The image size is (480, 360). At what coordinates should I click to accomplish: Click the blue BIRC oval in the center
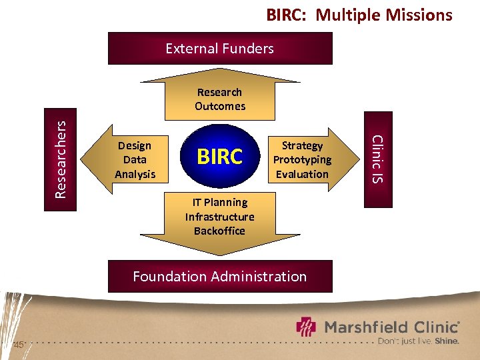(220, 157)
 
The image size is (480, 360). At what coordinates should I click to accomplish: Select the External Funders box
(220, 49)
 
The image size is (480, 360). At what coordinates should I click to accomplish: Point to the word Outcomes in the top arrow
(220, 106)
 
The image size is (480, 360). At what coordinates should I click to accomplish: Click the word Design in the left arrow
(135, 145)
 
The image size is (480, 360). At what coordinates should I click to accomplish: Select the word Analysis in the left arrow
(135, 174)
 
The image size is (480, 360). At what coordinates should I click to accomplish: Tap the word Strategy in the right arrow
(302, 145)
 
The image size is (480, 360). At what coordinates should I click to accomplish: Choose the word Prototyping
(302, 159)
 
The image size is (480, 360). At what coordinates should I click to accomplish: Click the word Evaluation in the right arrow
(302, 174)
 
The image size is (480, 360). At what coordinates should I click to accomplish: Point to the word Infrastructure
(220, 217)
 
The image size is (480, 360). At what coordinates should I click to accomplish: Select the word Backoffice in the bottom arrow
(220, 231)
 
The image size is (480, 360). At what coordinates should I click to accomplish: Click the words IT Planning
(220, 202)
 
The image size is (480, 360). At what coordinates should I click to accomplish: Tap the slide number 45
(19, 345)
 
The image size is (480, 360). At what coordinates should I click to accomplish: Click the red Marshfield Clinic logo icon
(307, 327)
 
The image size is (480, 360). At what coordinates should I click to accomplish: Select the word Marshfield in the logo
(364, 327)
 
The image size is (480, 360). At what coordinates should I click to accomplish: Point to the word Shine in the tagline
(447, 341)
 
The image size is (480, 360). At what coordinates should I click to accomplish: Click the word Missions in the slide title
(414, 15)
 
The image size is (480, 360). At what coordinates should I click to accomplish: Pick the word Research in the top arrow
(220, 92)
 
